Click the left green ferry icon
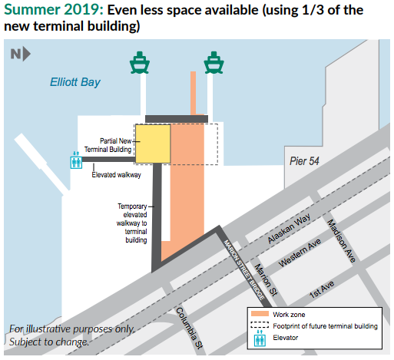click(138, 62)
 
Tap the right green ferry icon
click(213, 62)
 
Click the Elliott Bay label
click(74, 82)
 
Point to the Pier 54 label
click(303, 162)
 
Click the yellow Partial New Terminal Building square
click(152, 144)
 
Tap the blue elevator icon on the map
click(75, 160)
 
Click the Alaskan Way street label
click(290, 230)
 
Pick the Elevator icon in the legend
click(260, 337)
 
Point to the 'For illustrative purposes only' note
click(72, 329)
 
